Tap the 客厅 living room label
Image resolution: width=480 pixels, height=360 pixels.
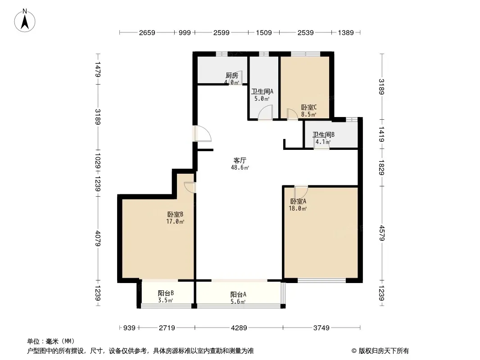[x=240, y=160]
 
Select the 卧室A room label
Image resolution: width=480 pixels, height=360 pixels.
[x=298, y=201]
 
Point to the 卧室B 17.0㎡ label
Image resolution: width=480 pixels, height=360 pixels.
[x=175, y=218]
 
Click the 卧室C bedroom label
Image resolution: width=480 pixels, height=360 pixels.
[x=308, y=108]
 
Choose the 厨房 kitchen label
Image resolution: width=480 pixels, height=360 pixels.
[x=232, y=75]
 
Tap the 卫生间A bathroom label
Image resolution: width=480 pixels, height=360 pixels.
[x=262, y=91]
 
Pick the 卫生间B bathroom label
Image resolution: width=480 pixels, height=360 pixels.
[x=323, y=135]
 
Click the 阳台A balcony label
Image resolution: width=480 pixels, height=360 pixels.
[x=238, y=295]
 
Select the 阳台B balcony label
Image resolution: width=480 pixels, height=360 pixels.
[x=166, y=293]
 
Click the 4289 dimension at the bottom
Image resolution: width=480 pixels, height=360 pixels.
[x=239, y=328]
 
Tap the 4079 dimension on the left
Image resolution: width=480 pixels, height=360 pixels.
[x=98, y=238]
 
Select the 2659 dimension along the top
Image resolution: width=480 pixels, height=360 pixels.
[x=147, y=33]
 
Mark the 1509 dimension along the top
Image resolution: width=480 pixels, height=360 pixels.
[x=263, y=33]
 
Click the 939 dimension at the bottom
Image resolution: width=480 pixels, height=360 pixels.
[x=129, y=328]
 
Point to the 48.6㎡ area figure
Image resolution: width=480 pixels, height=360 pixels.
[x=240, y=167]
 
